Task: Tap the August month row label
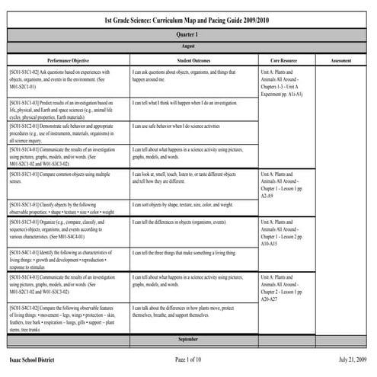click(x=187, y=46)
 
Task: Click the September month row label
click(x=187, y=337)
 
